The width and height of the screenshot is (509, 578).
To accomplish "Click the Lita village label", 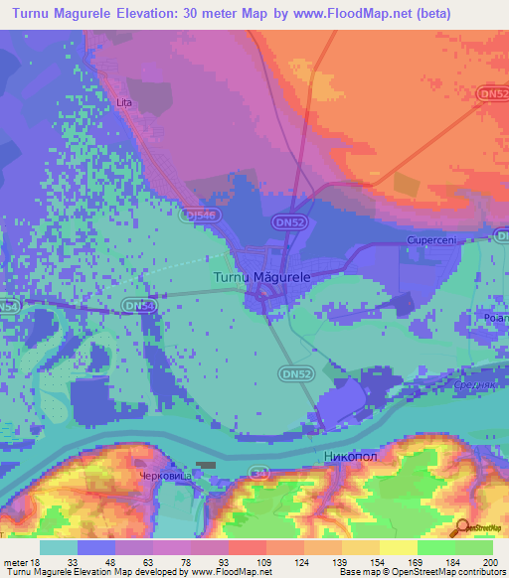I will (x=124, y=102).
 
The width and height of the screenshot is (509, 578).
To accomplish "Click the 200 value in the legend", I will (x=489, y=563).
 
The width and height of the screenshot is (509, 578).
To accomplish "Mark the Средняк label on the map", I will (x=472, y=384).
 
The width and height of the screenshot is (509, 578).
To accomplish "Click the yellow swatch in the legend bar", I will (x=398, y=547).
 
